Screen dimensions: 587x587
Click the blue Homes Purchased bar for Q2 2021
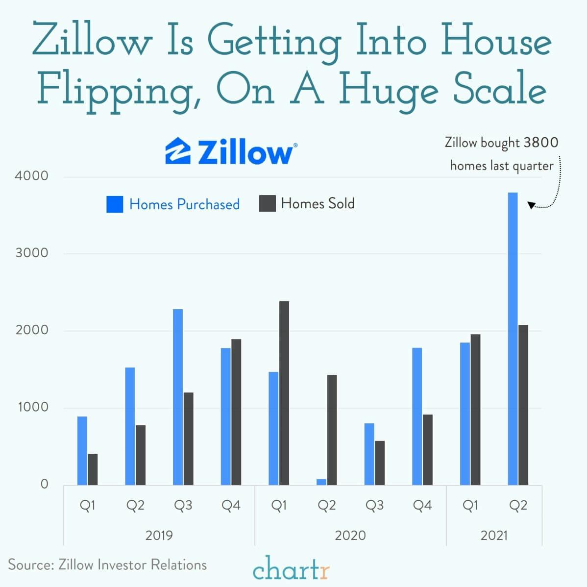tap(513, 339)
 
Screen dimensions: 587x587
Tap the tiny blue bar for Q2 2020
tap(321, 482)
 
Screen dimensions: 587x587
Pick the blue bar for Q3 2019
tap(178, 397)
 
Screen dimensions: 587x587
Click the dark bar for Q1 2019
tap(93, 469)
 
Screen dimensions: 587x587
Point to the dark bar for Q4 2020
tap(428, 450)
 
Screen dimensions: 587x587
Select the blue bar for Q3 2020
tap(369, 454)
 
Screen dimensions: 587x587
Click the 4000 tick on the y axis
tap(31, 176)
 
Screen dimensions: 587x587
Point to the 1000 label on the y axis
tap(31, 407)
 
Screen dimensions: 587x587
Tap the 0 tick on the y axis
tap(45, 485)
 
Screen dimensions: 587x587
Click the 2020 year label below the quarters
tap(350, 536)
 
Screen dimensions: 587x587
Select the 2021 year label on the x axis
tap(494, 536)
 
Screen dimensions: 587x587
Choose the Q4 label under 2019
tap(231, 506)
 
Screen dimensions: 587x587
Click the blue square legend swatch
tap(115, 204)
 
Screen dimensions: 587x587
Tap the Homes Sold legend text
tap(318, 203)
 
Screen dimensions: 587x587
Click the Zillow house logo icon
tap(178, 151)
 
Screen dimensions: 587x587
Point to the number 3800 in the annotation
tap(540, 143)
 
